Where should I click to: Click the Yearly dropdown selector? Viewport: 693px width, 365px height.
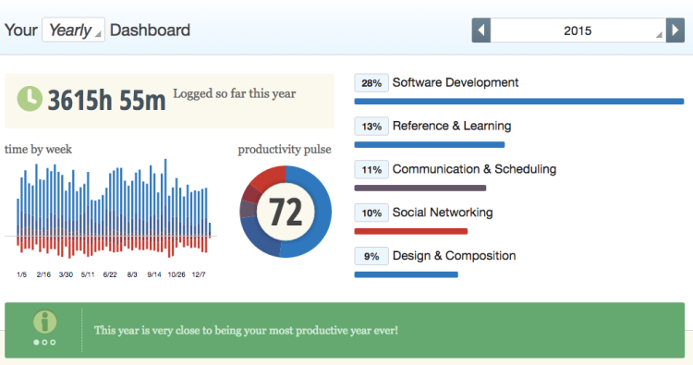(x=73, y=30)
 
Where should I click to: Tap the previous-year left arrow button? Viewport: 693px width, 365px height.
(x=480, y=30)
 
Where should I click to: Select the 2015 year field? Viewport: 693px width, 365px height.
(x=578, y=30)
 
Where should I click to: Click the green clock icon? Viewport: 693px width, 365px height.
(x=30, y=98)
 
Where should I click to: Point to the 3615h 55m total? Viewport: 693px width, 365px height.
(x=106, y=100)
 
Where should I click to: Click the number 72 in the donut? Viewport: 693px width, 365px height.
(x=286, y=212)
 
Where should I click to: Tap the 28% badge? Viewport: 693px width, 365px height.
(x=371, y=83)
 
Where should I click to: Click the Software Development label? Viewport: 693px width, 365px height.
(x=456, y=82)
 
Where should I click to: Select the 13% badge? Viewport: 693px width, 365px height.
(x=371, y=127)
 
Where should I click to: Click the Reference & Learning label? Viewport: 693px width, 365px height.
(x=451, y=126)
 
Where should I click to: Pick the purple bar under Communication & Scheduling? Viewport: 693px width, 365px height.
(x=420, y=188)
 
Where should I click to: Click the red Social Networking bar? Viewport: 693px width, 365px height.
(x=411, y=231)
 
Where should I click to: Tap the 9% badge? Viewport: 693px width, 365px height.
(x=371, y=257)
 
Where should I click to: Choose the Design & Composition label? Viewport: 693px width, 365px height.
(x=454, y=256)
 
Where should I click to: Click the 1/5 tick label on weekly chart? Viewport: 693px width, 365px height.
(x=21, y=274)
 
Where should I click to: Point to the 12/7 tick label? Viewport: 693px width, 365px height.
(x=199, y=274)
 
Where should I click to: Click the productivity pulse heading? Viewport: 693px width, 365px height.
(x=285, y=149)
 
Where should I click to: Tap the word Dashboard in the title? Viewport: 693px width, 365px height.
(x=150, y=30)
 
